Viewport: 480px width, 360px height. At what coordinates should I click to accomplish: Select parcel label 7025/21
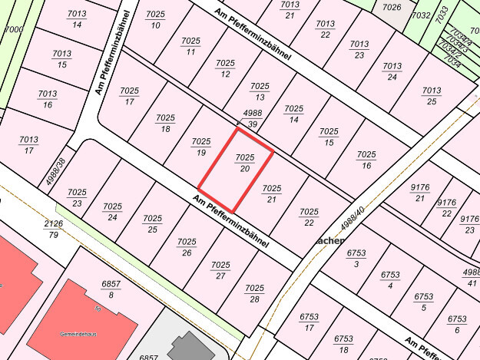tap(272, 193)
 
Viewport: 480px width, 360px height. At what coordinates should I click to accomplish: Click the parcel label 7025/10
tap(156, 20)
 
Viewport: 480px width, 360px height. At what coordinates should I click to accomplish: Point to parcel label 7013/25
tap(432, 95)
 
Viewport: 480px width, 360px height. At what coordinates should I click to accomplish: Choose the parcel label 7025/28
tap(255, 292)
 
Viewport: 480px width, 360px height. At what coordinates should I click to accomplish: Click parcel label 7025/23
tap(77, 197)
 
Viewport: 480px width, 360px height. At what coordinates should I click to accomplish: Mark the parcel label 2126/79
tap(53, 229)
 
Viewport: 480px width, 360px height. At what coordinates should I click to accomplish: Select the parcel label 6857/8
tap(111, 289)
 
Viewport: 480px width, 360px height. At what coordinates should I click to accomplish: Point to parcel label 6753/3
tap(356, 257)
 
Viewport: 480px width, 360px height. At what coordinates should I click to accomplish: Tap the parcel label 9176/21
tap(419, 192)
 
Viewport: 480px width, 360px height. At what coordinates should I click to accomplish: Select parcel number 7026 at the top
tap(392, 8)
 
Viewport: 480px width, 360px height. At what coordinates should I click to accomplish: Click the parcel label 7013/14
tap(77, 19)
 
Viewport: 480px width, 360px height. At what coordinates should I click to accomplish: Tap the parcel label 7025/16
tap(366, 160)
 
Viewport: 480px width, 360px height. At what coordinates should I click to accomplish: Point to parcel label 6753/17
tap(309, 322)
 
